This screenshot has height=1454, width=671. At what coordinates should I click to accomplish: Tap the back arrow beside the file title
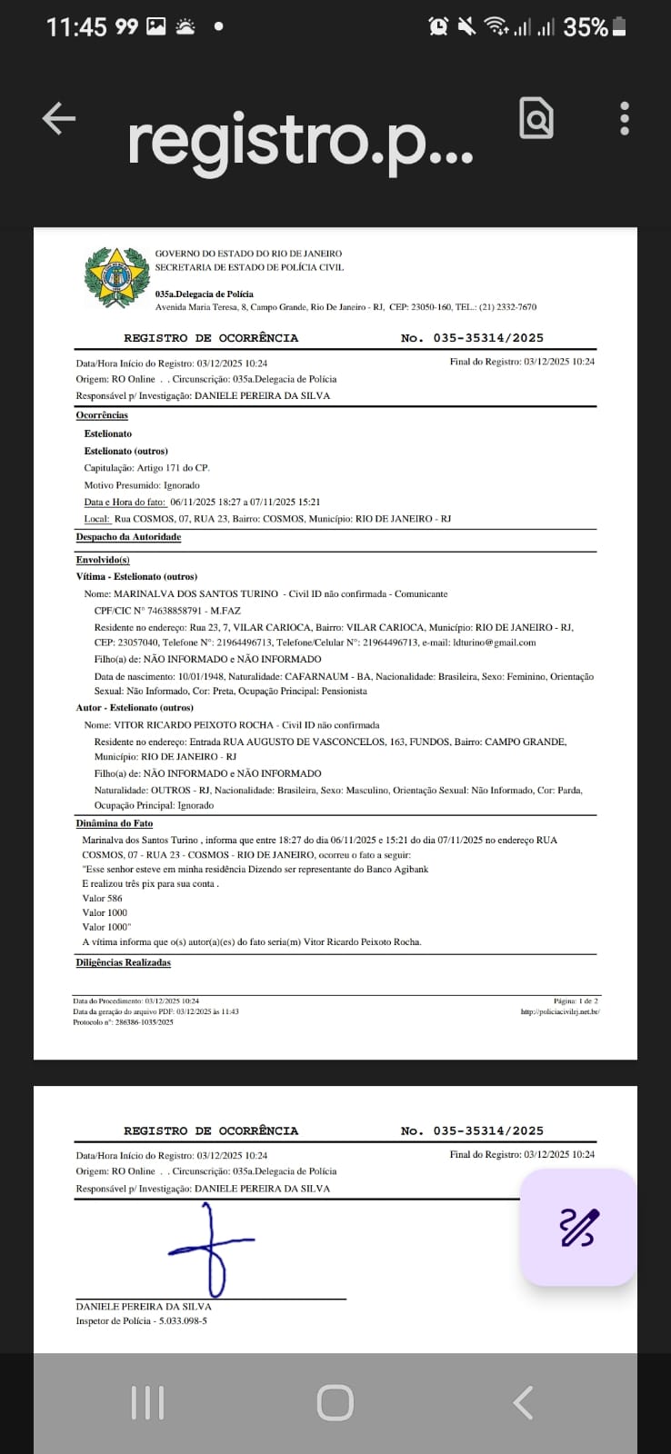pos(59,118)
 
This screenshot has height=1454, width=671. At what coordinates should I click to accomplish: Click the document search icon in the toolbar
pos(536,118)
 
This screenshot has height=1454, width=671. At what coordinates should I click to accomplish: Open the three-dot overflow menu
pos(625,118)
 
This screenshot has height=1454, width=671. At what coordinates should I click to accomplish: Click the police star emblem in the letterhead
pos(116,277)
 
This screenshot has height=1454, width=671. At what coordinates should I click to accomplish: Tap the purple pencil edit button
pos(578,1228)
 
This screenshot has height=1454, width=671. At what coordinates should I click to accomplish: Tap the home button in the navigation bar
pos(335,1402)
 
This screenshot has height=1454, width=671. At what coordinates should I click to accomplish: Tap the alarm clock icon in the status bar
pos(438,26)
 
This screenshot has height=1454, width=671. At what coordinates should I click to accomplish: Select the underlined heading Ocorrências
pos(102,415)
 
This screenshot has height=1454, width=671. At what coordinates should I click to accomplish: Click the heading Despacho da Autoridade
pos(128,537)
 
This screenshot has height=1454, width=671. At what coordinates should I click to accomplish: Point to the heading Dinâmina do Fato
pos(115,823)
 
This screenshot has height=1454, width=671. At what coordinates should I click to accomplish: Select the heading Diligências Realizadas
pos(123,962)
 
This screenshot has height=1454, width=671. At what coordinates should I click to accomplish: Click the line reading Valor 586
pos(103,898)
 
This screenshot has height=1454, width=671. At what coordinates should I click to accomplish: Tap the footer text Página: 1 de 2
pos(576,1001)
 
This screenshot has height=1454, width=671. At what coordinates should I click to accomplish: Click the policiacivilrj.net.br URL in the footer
pos(560,1011)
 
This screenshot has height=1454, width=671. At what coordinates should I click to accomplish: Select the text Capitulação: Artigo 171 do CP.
pos(146,468)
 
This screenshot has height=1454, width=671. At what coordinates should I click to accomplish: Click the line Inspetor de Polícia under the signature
pos(141,1320)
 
